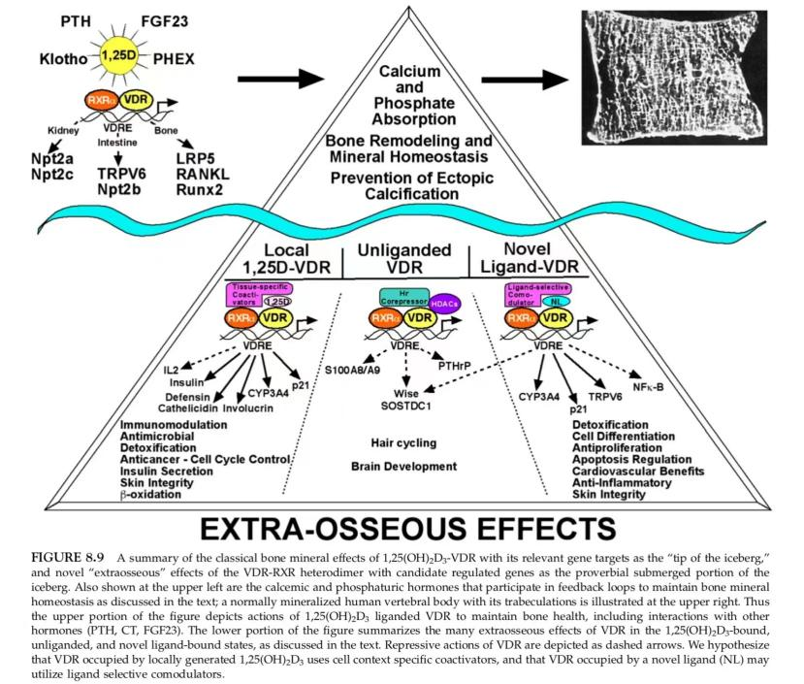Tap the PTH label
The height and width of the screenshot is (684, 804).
click(x=80, y=20)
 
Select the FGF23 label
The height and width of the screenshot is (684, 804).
click(x=165, y=20)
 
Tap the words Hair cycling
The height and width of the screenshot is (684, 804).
click(x=402, y=442)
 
